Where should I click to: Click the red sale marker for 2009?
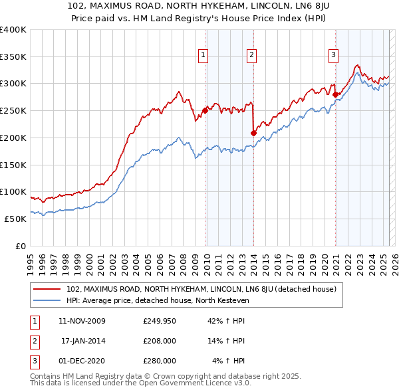click(x=205, y=110)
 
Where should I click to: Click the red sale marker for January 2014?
click(x=253, y=134)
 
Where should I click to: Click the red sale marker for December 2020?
click(x=335, y=94)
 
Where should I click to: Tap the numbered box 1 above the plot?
click(x=202, y=55)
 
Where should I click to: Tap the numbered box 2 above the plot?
click(x=252, y=55)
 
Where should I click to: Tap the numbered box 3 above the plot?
click(x=333, y=55)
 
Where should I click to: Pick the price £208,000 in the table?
click(x=160, y=341)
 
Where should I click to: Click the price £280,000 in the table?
click(x=160, y=361)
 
